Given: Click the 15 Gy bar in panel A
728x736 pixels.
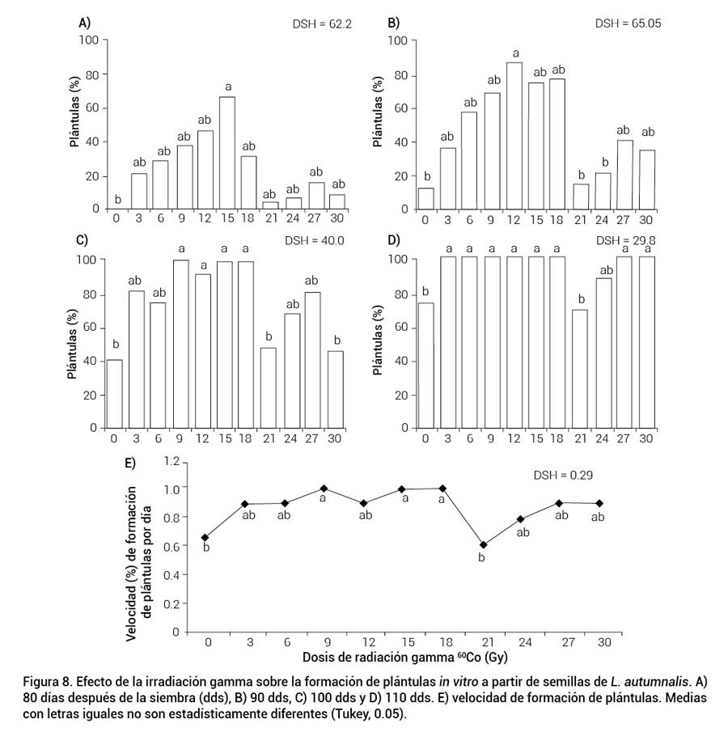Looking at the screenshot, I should pyautogui.click(x=227, y=153).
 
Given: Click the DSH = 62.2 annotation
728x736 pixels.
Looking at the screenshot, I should pyautogui.click(x=323, y=24).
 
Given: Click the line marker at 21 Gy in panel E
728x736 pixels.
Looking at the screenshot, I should pyautogui.click(x=484, y=544).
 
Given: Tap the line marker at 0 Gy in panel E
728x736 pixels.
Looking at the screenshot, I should pyautogui.click(x=205, y=537).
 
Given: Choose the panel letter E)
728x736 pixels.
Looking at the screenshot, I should pyautogui.click(x=129, y=463).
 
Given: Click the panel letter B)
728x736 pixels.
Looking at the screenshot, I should pyautogui.click(x=394, y=22).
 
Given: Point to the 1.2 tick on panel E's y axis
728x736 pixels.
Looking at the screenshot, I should pyautogui.click(x=170, y=460).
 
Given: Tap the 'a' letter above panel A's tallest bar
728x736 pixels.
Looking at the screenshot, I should pyautogui.click(x=228, y=87).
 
